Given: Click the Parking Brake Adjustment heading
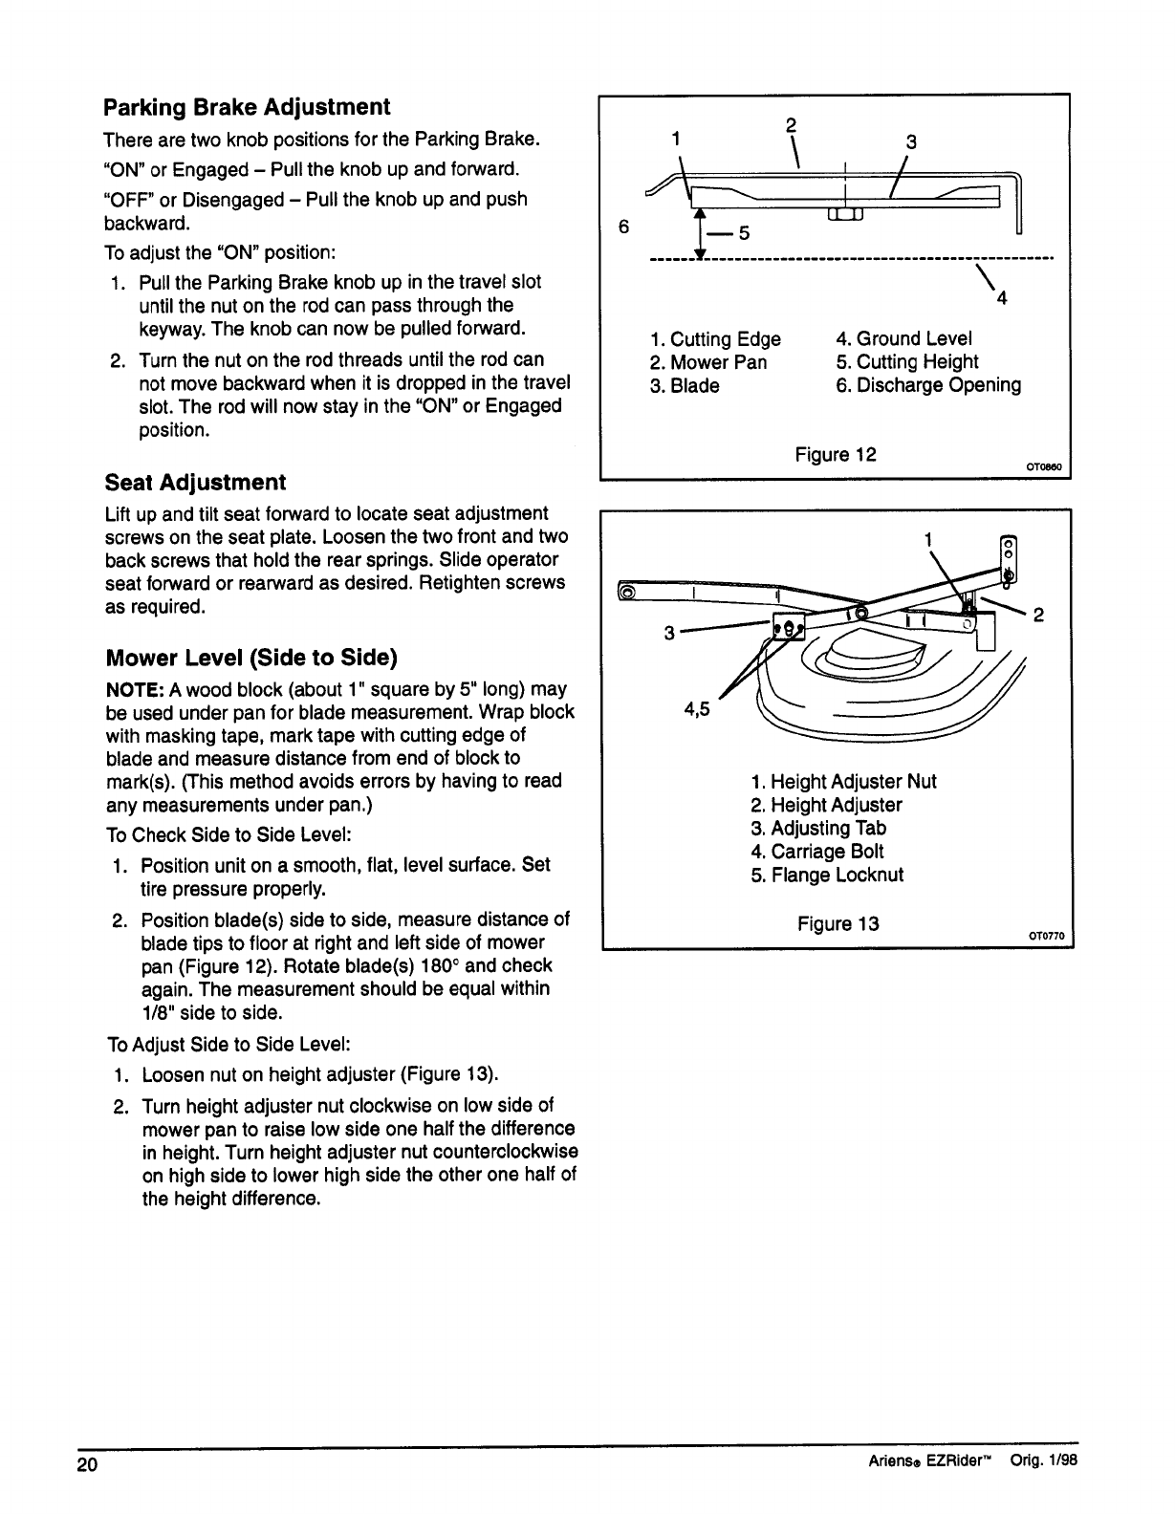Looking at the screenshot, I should pos(247,106).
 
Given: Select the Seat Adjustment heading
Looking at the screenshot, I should pos(195,482).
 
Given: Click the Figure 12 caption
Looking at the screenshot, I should pos(836,454).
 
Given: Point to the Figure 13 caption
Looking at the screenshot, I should pos(838,924).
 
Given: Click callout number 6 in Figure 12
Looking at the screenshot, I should pos(624,227).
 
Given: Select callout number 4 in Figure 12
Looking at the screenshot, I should pos(1002,300).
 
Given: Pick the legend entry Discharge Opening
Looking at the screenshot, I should pos(928,385).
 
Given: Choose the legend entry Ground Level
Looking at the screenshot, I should pos(903,338).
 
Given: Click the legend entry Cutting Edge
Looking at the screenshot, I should pos(715,339).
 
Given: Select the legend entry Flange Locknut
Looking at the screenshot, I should pos(827,876).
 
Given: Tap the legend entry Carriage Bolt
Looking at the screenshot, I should pos(817,852).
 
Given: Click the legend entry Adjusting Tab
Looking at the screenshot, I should pos(818,829).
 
